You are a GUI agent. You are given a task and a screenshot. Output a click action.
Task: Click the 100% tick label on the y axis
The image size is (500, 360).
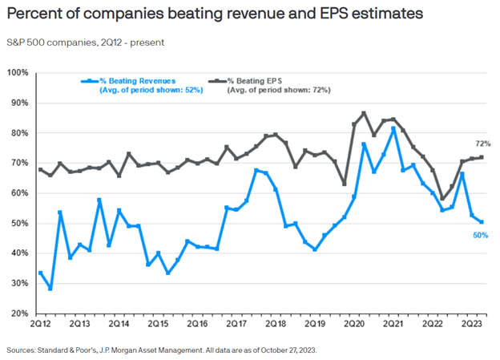18,73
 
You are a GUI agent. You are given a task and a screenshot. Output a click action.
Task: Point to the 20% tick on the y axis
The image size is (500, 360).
19,313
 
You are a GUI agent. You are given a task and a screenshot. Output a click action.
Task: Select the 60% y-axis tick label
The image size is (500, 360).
19,193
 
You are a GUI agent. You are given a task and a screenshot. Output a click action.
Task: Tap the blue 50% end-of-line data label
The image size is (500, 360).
480,235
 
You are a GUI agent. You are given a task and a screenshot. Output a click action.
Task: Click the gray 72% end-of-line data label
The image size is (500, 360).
482,144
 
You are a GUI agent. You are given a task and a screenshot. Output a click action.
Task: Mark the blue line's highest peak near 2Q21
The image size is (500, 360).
393,128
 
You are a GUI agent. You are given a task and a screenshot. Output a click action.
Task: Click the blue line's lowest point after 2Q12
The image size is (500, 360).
50,288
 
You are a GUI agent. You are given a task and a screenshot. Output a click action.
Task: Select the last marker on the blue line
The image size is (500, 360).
481,222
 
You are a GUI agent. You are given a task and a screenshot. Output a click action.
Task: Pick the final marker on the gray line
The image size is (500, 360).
481,157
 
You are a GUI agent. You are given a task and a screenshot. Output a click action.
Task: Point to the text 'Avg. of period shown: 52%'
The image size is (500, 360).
151,91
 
